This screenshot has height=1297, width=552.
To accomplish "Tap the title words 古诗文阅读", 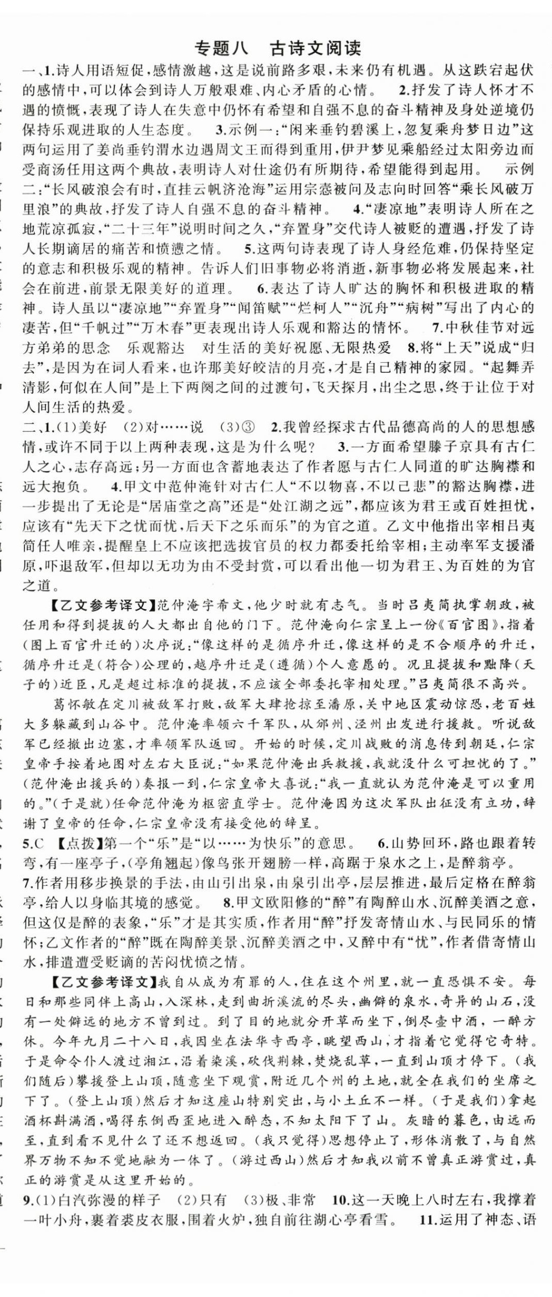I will point(315,48).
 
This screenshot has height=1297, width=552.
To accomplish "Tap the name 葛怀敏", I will point(76,704).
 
